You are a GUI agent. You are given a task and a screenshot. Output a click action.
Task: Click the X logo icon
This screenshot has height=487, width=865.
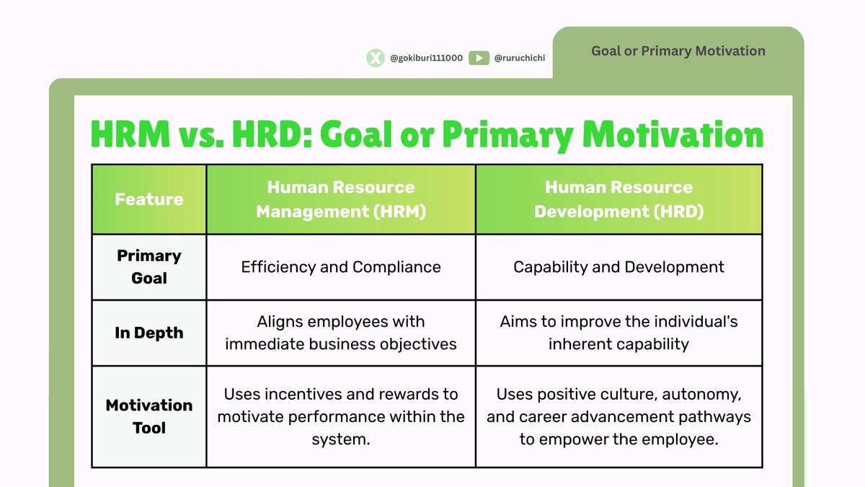(376, 58)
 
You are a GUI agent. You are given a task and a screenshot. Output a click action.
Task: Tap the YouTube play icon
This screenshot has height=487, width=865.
(479, 58)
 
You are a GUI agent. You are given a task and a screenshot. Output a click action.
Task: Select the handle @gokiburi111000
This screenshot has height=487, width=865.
(426, 58)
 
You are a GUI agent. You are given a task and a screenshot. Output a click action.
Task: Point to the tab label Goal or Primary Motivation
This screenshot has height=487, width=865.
(678, 51)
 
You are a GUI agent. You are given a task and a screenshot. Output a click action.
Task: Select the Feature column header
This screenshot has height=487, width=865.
(149, 199)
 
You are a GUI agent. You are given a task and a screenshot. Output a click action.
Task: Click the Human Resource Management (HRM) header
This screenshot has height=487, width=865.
(341, 199)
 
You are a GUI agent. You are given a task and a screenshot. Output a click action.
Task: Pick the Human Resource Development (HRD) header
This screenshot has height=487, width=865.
(618, 199)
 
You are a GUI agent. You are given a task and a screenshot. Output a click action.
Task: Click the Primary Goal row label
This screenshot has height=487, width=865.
(149, 267)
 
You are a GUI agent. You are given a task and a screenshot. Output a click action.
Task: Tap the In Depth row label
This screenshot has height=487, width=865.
(149, 333)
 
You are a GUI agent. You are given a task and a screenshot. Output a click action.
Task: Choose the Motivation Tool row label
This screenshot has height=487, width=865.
(149, 416)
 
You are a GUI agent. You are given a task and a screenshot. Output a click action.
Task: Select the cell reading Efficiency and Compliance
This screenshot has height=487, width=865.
(341, 267)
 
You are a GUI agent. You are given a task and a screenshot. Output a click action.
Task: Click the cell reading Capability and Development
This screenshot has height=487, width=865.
(618, 267)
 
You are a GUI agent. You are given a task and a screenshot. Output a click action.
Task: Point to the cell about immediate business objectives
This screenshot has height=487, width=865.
(341, 333)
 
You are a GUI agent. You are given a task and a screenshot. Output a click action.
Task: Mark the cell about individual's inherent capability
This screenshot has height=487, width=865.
(618, 333)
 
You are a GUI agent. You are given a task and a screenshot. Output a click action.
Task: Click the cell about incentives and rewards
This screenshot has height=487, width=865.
(341, 416)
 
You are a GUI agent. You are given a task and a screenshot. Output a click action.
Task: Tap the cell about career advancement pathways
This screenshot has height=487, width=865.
(618, 416)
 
